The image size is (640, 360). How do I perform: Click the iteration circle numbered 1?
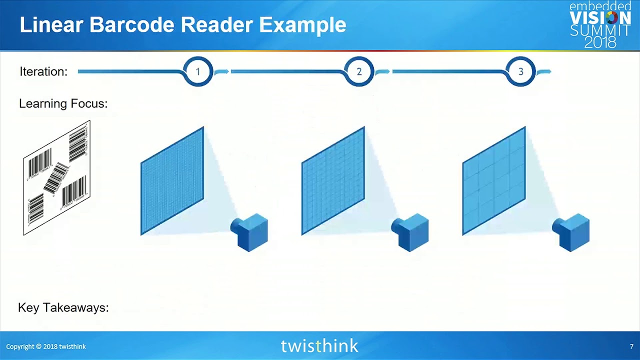197,71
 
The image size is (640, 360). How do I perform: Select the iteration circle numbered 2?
359,71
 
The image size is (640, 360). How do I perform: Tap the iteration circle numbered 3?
520,71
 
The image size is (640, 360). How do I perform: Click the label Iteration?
43,71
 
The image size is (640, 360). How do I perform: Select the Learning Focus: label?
63,103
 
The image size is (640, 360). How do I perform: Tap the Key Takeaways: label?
63,307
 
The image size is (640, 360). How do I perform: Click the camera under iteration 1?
250,232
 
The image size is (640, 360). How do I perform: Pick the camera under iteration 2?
411,232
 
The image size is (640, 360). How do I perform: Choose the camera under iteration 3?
572,232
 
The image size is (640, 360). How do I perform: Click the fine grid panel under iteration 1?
172,180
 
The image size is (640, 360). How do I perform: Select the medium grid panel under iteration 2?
333,180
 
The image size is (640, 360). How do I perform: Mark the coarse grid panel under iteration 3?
494,180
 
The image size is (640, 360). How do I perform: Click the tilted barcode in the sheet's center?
56,177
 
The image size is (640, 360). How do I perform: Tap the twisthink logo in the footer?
319,346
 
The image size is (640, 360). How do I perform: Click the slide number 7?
631,346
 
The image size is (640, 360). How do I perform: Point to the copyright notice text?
46,346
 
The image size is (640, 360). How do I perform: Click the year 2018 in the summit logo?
600,43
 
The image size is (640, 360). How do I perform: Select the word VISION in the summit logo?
600,18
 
